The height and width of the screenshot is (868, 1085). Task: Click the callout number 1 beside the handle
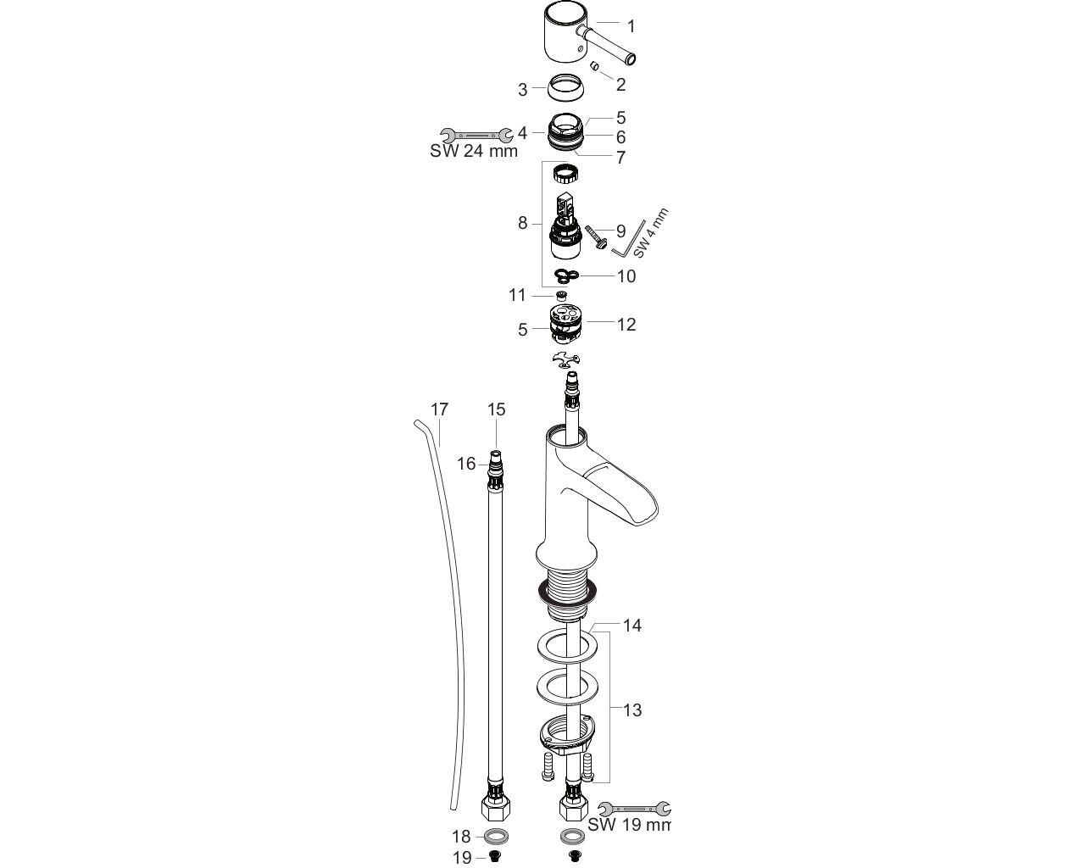coord(630,27)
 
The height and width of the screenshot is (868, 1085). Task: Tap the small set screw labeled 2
coord(595,66)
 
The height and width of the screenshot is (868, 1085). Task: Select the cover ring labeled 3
coord(566,88)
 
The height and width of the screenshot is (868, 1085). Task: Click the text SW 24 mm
coord(474,151)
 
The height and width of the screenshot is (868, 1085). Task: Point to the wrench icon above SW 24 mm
coord(476,135)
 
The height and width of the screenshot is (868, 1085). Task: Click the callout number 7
coord(620,158)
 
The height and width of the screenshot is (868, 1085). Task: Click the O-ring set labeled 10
coord(567,275)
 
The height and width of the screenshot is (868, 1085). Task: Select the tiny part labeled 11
coord(560,296)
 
